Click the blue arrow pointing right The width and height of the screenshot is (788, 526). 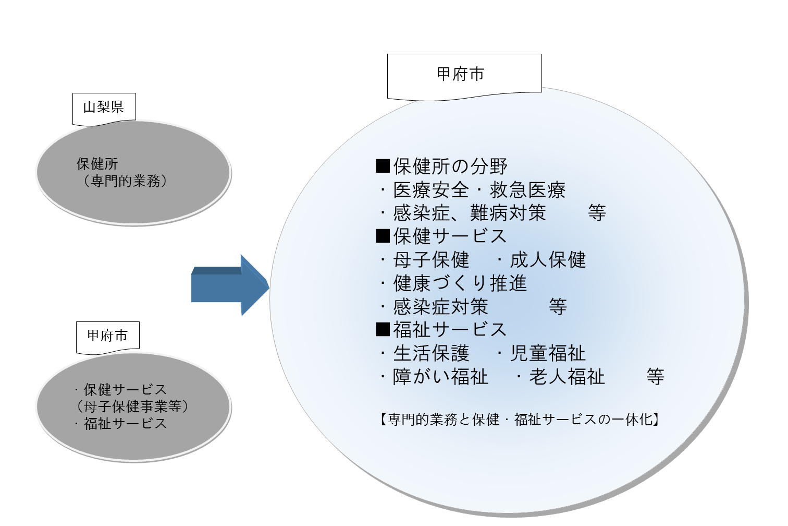[229, 285]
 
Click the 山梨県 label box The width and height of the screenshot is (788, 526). [104, 107]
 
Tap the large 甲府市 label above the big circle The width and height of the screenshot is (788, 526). [461, 75]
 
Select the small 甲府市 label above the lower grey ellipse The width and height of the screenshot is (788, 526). [108, 336]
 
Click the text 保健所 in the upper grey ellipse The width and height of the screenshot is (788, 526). [97, 164]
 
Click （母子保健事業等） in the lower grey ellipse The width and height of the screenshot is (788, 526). [133, 407]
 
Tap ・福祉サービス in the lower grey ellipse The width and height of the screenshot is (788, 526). [121, 424]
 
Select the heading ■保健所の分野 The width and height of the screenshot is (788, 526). [441, 166]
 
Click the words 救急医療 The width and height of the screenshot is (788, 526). [527, 190]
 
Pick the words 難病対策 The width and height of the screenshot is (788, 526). [508, 213]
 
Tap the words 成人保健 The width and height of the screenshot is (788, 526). [548, 260]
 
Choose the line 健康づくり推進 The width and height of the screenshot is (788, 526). [460, 283]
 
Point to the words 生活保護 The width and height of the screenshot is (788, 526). [432, 353]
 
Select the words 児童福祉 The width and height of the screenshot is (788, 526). [548, 353]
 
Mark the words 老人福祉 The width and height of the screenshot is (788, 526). [567, 377]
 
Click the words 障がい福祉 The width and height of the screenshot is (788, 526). [441, 377]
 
